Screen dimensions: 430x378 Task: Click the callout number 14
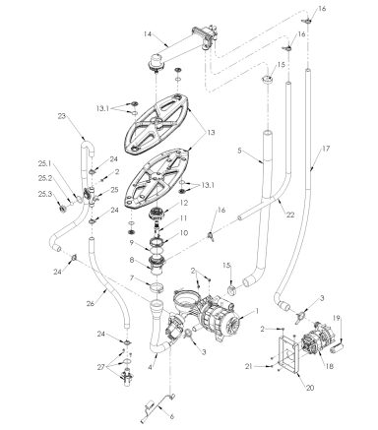pyautogui.click(x=148, y=34)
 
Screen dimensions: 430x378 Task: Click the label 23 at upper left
pyautogui.click(x=62, y=115)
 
